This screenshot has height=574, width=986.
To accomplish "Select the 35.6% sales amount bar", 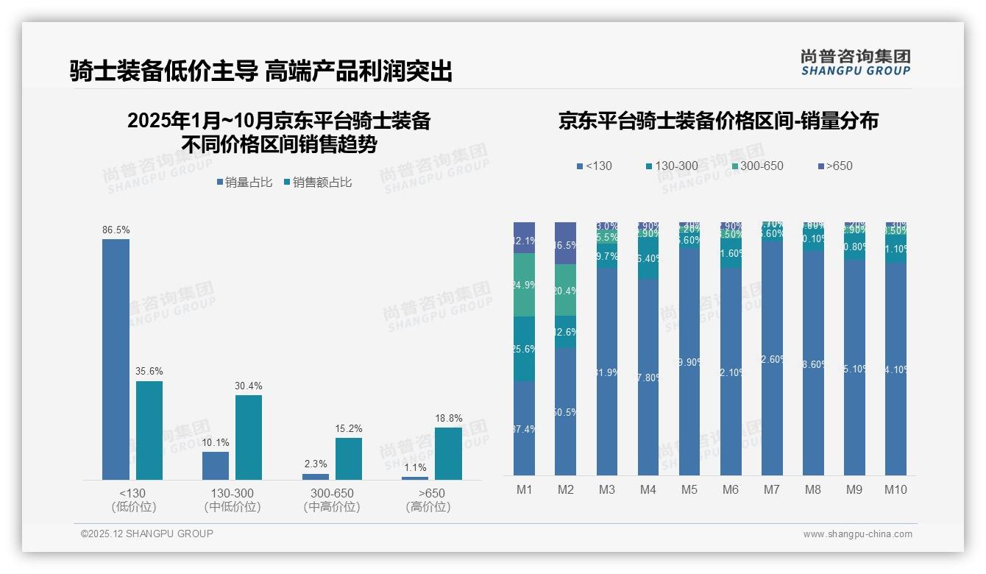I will pyautogui.click(x=149, y=431).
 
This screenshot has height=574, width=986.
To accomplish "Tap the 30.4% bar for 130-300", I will pyautogui.click(x=249, y=437).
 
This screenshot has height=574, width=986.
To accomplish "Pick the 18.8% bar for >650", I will pyautogui.click(x=448, y=453).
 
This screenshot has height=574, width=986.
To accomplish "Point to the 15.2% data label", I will pyautogui.click(x=348, y=428).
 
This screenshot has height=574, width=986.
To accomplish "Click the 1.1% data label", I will pyautogui.click(x=415, y=467).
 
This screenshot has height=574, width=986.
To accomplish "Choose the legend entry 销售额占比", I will pyautogui.click(x=317, y=183).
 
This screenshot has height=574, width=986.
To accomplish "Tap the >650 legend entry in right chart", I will pyautogui.click(x=834, y=166).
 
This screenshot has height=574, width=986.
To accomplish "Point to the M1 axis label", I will pyautogui.click(x=524, y=489).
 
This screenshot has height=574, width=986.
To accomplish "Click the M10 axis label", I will pyautogui.click(x=895, y=489).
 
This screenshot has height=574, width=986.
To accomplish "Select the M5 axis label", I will pyautogui.click(x=689, y=489).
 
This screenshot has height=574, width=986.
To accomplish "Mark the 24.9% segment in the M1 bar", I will pyautogui.click(x=524, y=285).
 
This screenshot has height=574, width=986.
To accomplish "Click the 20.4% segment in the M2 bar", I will pyautogui.click(x=565, y=290).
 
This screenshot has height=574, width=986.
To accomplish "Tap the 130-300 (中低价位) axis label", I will pyautogui.click(x=233, y=500).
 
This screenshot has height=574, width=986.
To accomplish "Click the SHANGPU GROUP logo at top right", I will pyautogui.click(x=855, y=63).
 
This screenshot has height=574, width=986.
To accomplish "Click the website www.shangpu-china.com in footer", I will pyautogui.click(x=857, y=534).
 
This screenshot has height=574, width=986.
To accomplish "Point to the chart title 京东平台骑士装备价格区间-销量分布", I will pyautogui.click(x=718, y=121).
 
